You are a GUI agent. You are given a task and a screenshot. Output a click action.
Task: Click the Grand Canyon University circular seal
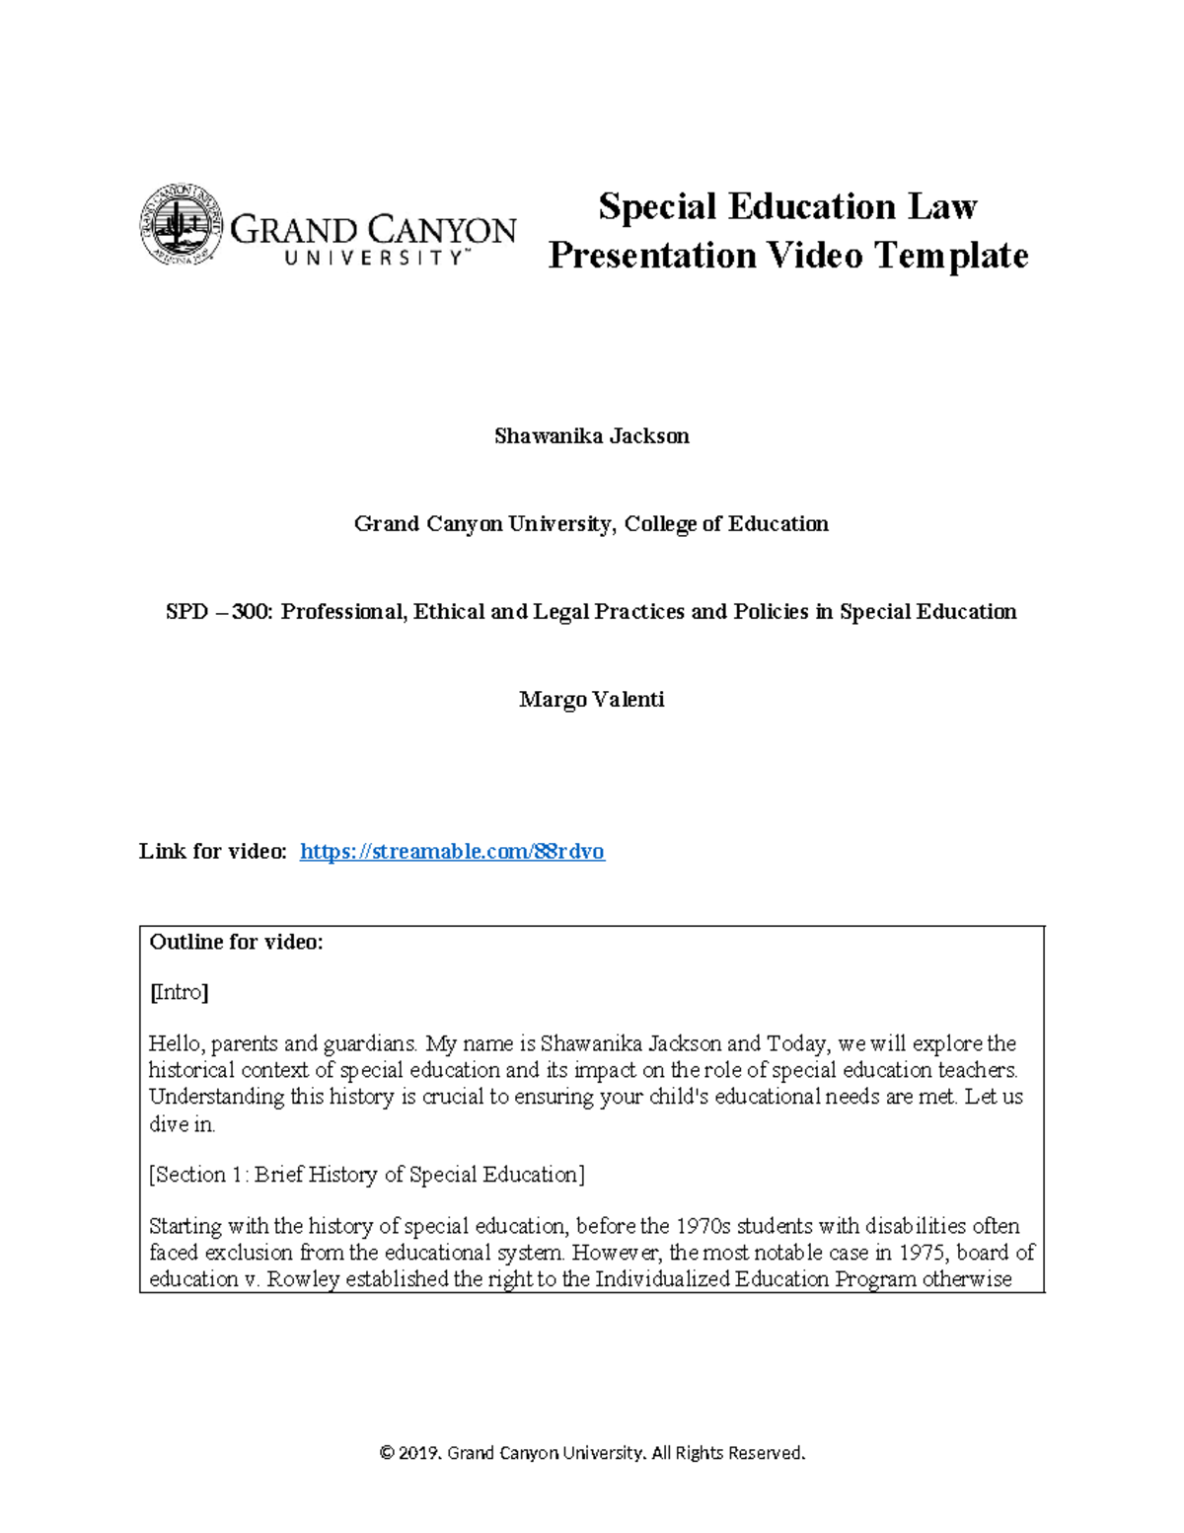[181, 225]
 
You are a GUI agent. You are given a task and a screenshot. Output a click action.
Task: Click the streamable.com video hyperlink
[452, 852]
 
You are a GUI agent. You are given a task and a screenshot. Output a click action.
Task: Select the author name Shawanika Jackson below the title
[591, 436]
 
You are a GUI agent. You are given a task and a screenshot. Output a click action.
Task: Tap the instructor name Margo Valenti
[591, 700]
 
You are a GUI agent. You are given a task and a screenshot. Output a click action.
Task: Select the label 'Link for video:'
[213, 852]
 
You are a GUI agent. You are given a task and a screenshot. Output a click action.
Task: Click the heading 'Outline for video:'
[236, 943]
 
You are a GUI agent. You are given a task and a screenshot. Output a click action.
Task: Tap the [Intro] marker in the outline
[179, 993]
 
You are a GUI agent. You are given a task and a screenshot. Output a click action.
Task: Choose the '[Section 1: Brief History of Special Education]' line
[366, 1175]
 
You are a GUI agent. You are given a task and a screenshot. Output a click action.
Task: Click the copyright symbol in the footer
[387, 1453]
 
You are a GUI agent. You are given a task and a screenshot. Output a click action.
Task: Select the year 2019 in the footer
[419, 1453]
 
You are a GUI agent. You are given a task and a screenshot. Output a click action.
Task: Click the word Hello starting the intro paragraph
[175, 1044]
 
